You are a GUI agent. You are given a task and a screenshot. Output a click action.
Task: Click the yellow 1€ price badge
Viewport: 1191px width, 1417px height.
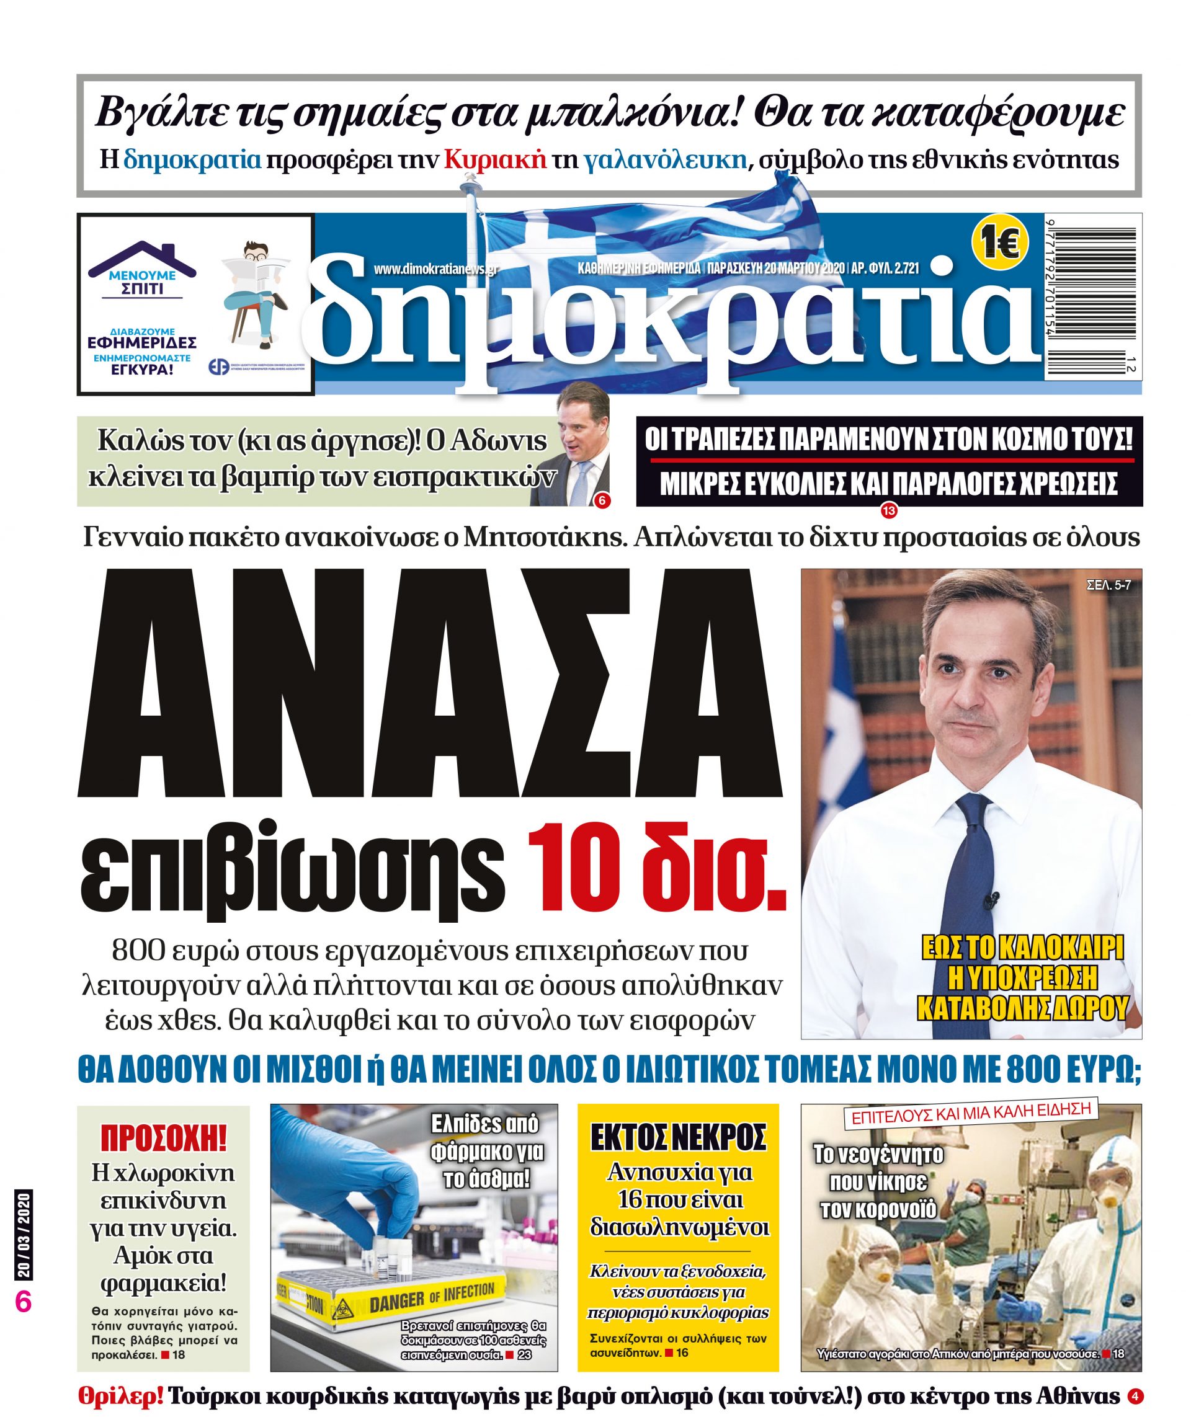[x=999, y=242]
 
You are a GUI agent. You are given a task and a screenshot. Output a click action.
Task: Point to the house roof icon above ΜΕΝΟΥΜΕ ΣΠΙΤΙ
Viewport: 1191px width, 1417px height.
[x=143, y=257]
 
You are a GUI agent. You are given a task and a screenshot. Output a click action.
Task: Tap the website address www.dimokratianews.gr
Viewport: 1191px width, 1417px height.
[x=436, y=269]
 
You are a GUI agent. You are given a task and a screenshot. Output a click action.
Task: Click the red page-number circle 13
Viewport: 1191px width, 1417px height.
[x=888, y=512]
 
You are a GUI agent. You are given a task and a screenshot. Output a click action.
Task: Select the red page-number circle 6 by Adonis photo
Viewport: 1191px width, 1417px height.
[x=601, y=500]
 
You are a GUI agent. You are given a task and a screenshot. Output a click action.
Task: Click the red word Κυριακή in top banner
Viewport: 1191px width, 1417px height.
[x=495, y=160]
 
